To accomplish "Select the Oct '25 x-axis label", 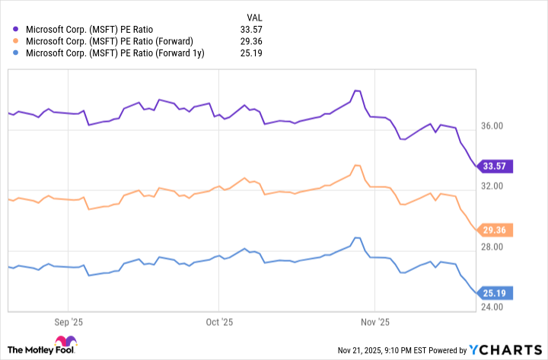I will point(220,322).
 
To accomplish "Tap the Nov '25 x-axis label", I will point(376,322).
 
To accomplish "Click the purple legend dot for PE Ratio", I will point(17,30).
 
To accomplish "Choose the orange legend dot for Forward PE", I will point(17,42).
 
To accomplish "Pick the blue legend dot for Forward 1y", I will point(17,53).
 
